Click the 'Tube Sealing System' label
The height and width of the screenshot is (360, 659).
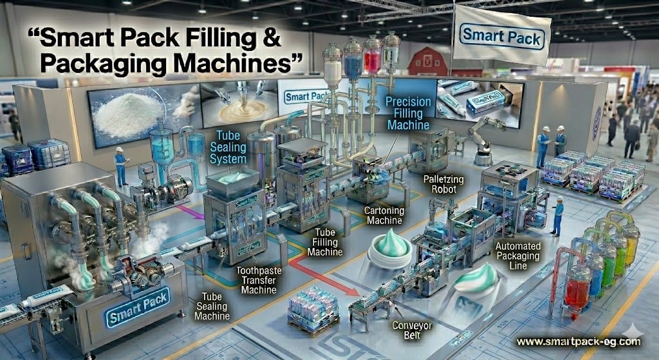coord(228,146)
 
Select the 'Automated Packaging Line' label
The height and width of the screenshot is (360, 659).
coord(520,254)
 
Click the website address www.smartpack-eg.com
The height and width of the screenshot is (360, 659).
coord(579,342)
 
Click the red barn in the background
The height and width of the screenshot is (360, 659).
coord(428,61)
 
